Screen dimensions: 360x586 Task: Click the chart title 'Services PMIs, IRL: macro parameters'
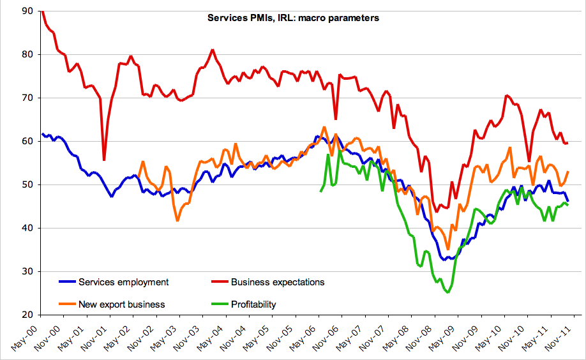click(x=293, y=18)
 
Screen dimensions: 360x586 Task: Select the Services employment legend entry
click(x=123, y=282)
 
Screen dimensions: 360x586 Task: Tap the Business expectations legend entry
click(x=278, y=282)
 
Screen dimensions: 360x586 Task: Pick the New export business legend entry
click(x=121, y=304)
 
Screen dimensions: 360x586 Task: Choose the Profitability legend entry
click(x=253, y=304)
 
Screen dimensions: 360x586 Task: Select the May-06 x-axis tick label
click(x=304, y=336)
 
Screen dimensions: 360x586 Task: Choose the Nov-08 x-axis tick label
click(x=422, y=336)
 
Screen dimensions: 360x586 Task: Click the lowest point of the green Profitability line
click(x=448, y=292)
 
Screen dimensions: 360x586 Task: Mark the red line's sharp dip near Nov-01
click(x=104, y=160)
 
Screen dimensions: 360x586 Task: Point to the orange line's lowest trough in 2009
click(x=448, y=249)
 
